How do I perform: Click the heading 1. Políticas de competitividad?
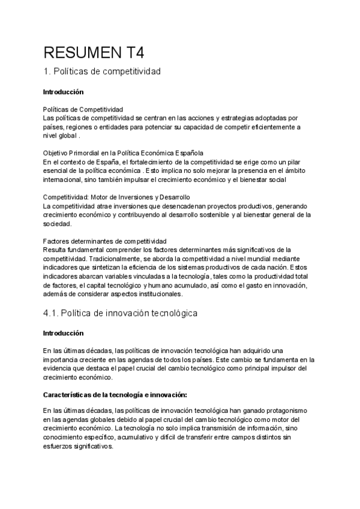[x=103, y=72]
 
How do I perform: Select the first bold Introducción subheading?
[x=63, y=92]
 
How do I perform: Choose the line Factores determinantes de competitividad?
[x=100, y=241]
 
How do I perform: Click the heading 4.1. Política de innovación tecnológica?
[x=121, y=313]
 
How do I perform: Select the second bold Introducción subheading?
[x=63, y=333]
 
